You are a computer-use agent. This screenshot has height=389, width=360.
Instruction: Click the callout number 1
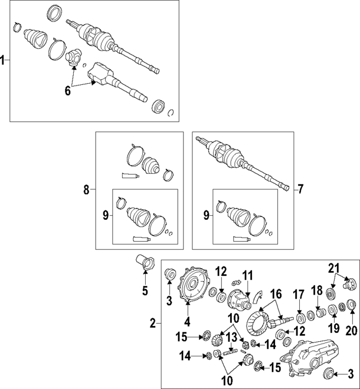pyautogui.click(x=3, y=61)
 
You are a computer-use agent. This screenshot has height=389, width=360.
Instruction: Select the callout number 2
pyautogui.click(x=152, y=323)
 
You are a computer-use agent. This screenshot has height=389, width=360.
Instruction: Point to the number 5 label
pyautogui.click(x=145, y=291)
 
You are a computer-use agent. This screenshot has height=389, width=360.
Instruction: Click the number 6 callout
pyautogui.click(x=68, y=91)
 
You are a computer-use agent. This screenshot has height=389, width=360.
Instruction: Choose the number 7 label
pyautogui.click(x=300, y=189)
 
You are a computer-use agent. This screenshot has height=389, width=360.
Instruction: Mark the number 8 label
pyautogui.click(x=87, y=190)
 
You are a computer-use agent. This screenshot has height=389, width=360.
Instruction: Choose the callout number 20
pyautogui.click(x=352, y=331)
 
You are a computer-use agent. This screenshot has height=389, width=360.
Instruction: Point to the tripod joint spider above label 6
pyautogui.click(x=74, y=56)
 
